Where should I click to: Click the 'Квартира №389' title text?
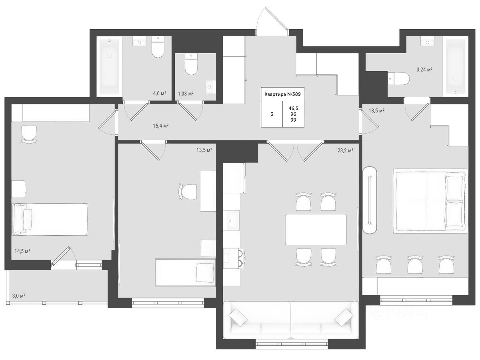pyautogui.click(x=282, y=94)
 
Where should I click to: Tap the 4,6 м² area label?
pyautogui.click(x=160, y=94)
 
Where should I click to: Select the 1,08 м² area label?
pyautogui.click(x=186, y=94)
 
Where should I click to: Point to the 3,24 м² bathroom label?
pyautogui.click(x=424, y=70)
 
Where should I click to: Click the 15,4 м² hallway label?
pyautogui.click(x=160, y=126)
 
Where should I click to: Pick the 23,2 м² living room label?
pyautogui.click(x=346, y=150)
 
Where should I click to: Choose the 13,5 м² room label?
pyautogui.click(x=204, y=150)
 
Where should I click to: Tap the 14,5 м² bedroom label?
pyautogui.click(x=22, y=251)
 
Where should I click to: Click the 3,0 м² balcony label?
pyautogui.click(x=19, y=296)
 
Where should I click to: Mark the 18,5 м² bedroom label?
pyautogui.click(x=376, y=111)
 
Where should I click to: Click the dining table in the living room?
pyautogui.click(x=316, y=230)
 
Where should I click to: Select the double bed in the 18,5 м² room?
pyautogui.click(x=430, y=201)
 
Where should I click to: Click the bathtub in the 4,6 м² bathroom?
pyautogui.click(x=109, y=67)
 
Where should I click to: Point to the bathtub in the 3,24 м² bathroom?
pyautogui.click(x=456, y=67)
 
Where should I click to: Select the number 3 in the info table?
pyautogui.click(x=272, y=114)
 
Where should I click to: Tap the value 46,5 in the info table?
pyautogui.click(x=293, y=108)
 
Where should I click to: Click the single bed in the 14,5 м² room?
pyautogui.click(x=50, y=219)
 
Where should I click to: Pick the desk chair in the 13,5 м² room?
pyautogui.click(x=188, y=192)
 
